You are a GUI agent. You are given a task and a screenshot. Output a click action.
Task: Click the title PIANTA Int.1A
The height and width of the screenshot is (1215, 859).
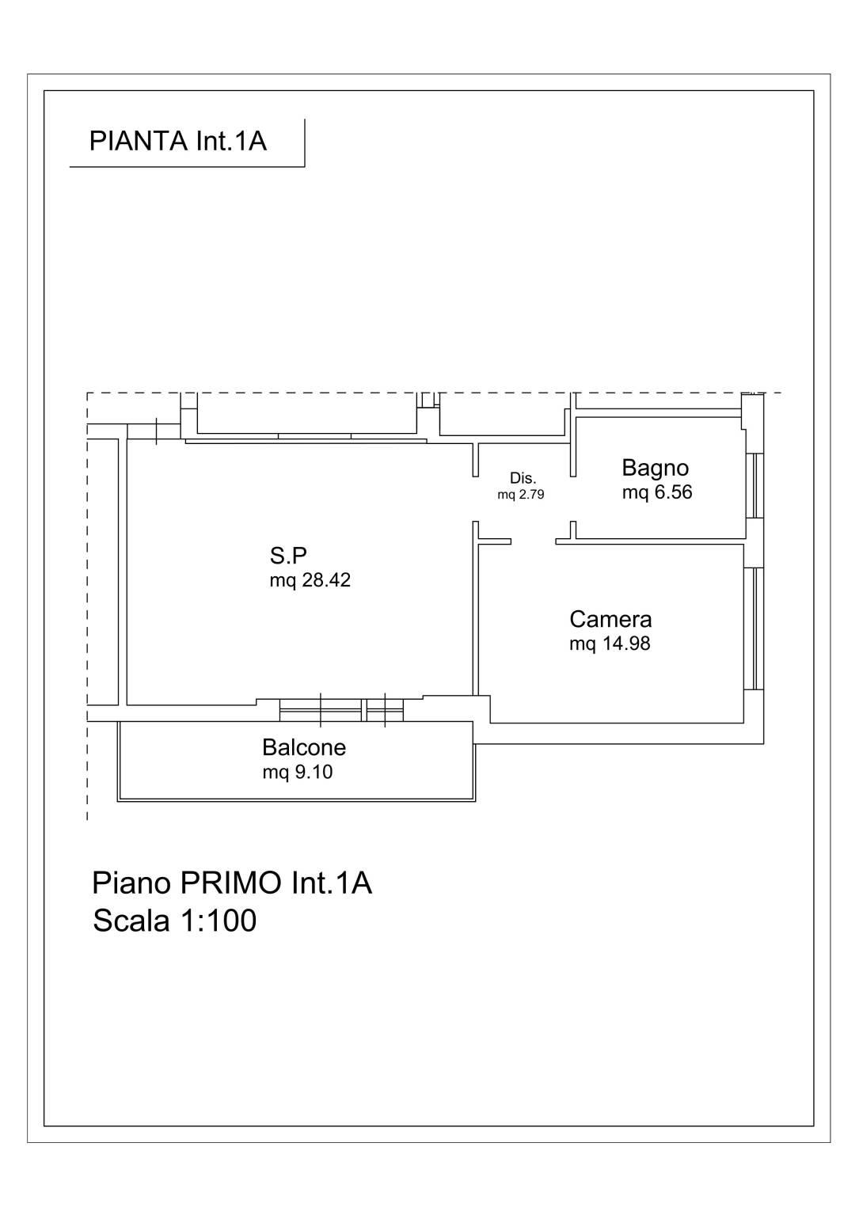pos(178,141)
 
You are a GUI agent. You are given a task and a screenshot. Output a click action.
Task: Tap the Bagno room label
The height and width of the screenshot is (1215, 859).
pos(655,468)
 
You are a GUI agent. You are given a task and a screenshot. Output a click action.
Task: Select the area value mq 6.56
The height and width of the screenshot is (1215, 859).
pos(657,492)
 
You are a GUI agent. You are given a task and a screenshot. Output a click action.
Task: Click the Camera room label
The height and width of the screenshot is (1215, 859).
pos(610,619)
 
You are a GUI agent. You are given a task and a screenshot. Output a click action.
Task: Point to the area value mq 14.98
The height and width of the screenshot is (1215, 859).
pos(610,644)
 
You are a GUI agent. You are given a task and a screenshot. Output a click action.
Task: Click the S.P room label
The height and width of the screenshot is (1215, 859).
pos(288,556)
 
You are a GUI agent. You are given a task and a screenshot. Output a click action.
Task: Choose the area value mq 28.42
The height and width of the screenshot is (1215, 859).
pos(310,580)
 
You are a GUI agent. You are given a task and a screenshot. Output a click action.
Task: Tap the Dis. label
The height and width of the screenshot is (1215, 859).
pos(523,478)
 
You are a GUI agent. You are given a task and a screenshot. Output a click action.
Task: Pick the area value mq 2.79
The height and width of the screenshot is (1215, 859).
pos(520,495)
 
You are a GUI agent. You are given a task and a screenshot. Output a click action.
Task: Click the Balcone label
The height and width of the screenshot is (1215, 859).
pos(304,747)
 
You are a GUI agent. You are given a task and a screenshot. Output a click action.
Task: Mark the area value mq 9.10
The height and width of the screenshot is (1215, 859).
pos(298,772)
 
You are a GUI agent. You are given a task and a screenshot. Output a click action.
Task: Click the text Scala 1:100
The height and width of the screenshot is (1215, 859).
pos(175,920)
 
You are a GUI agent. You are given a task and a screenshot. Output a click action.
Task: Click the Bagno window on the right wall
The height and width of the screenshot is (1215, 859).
pos(755,485)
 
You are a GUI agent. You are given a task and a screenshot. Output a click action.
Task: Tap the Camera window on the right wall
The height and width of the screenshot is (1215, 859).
pos(754,628)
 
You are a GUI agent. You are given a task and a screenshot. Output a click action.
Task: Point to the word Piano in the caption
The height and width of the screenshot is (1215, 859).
pos(132,883)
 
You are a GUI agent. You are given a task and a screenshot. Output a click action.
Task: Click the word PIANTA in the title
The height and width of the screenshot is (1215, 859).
pos(139,141)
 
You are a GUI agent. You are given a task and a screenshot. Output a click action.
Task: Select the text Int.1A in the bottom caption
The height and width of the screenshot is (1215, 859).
pos(332,883)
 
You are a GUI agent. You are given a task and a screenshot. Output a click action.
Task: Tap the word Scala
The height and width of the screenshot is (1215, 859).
pos(131,920)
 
